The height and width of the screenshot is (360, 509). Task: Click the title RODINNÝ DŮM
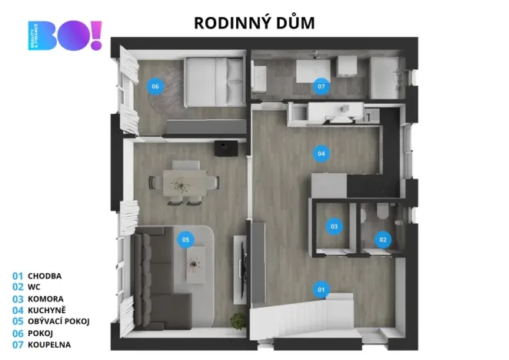(x=254, y=23)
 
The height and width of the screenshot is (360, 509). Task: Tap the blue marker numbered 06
(x=155, y=86)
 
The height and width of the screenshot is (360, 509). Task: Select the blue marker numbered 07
(x=321, y=86)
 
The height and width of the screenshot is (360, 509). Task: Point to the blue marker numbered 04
(x=321, y=153)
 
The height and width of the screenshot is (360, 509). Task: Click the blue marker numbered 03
(x=334, y=226)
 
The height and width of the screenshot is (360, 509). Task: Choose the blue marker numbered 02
(x=382, y=239)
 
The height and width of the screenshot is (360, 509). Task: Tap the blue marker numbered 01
(x=321, y=289)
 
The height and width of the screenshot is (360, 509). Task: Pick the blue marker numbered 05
(x=185, y=239)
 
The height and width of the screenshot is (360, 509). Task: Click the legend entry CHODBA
(x=44, y=275)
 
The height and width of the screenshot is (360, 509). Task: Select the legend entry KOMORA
(x=45, y=298)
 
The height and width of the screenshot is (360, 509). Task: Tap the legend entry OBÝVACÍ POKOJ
(x=58, y=322)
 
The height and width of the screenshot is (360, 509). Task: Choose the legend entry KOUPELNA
(x=49, y=345)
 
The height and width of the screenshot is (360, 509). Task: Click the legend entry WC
(x=34, y=287)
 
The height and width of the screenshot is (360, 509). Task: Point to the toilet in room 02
(x=382, y=216)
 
